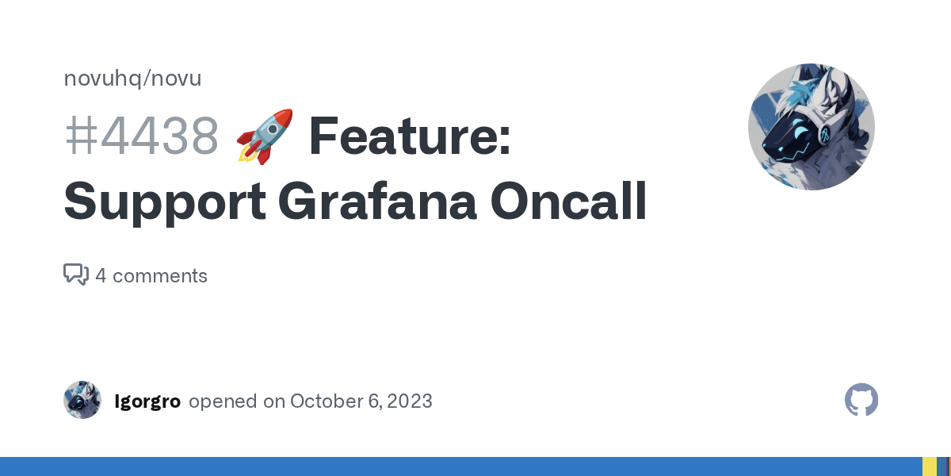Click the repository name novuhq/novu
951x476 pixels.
132,79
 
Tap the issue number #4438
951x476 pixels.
141,136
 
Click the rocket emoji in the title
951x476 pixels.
265,136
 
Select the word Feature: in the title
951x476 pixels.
409,136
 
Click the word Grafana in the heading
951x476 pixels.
377,202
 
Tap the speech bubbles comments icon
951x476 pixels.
76,274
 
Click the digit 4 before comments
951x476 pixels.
101,276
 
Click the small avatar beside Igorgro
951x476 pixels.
82,400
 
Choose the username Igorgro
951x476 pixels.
147,401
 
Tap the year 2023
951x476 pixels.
411,401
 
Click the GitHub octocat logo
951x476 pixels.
861,400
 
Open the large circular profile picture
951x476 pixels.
811,127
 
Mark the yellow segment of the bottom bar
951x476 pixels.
929,466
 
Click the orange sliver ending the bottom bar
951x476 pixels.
949,466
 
